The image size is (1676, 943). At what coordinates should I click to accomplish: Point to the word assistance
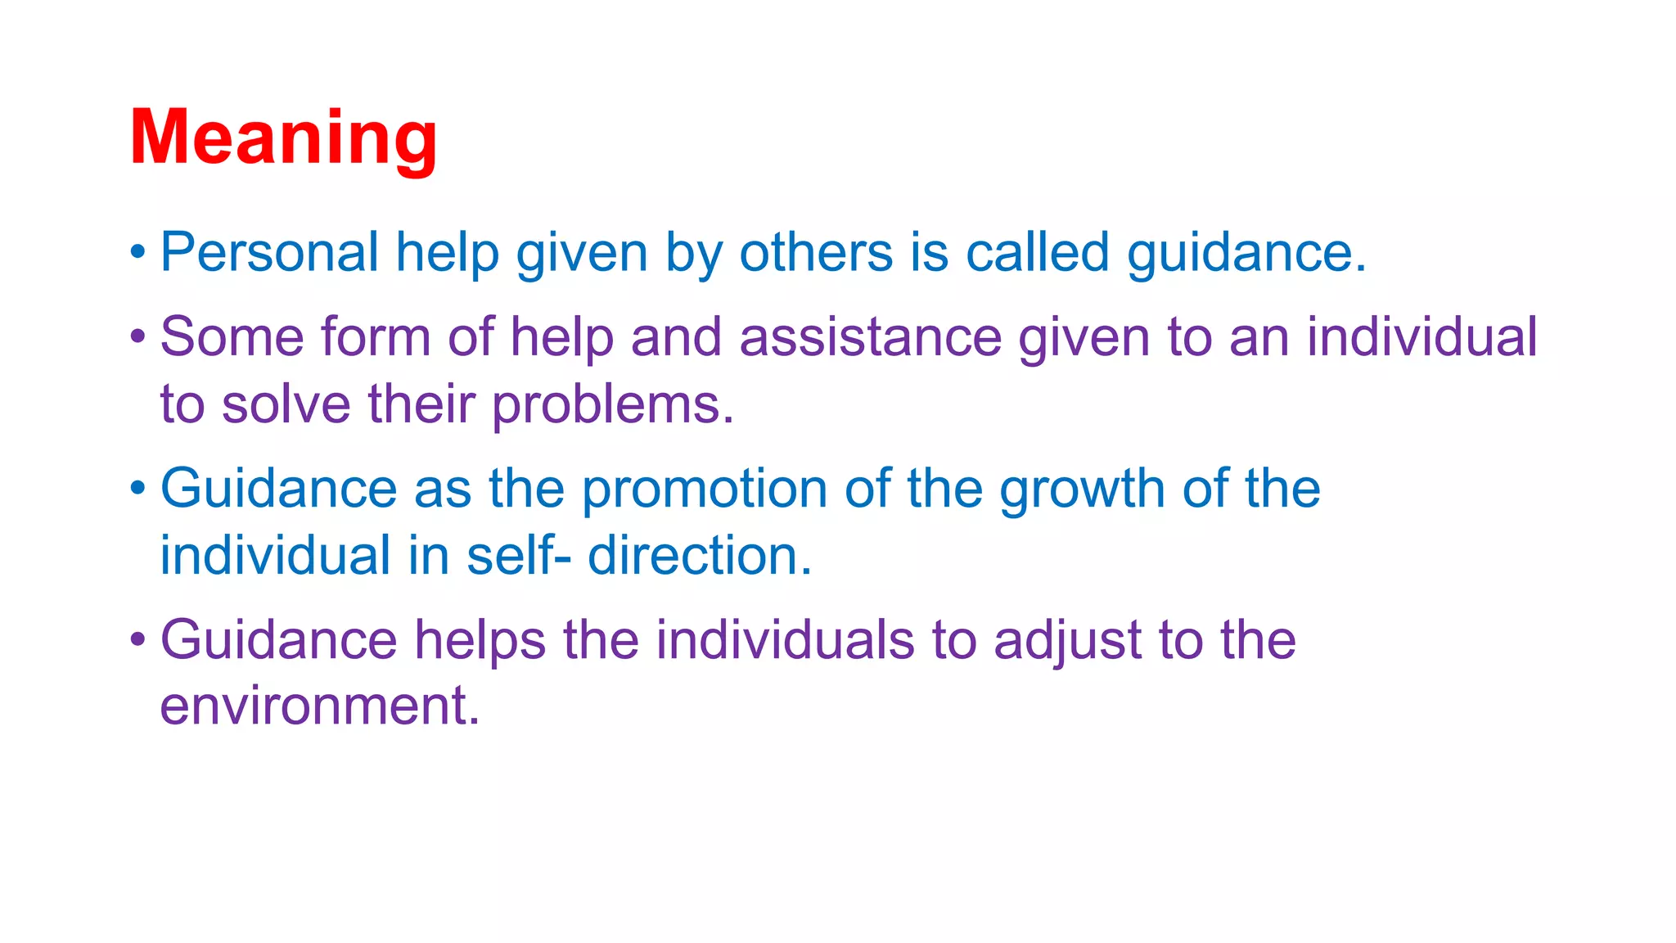[870, 337]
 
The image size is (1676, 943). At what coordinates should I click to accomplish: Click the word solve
[286, 404]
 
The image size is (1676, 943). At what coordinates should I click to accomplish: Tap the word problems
[613, 404]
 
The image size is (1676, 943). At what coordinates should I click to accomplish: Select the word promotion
[704, 490]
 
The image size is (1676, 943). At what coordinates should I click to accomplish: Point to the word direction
[700, 556]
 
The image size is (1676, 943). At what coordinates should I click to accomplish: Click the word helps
[480, 640]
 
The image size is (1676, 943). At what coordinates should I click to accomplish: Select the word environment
[319, 706]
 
